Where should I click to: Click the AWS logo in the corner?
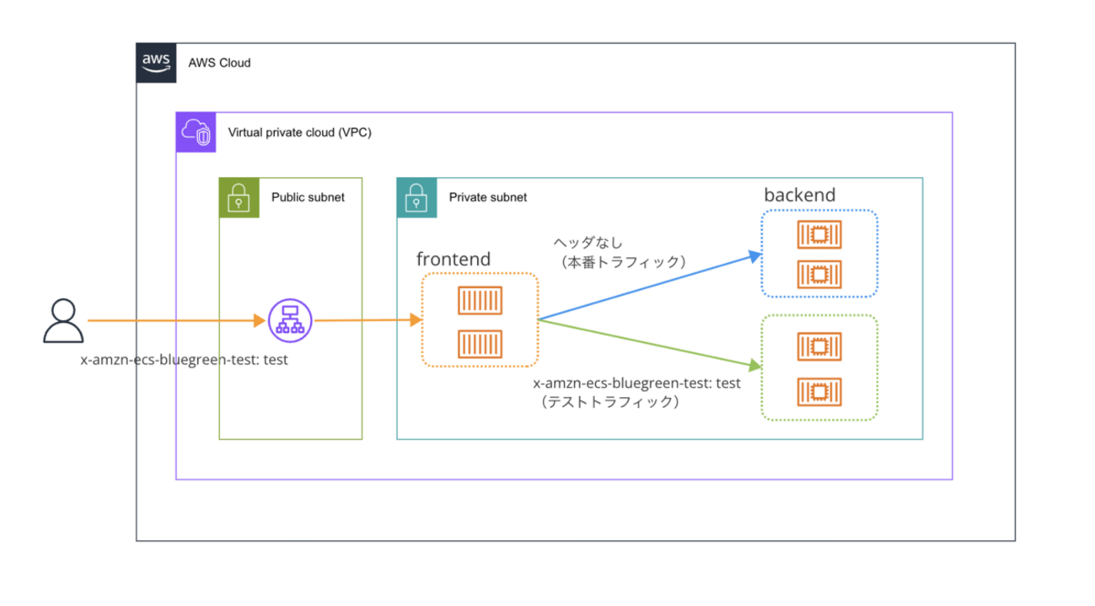tap(157, 62)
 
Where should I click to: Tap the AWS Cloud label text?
tap(219, 63)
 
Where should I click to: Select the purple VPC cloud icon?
tap(196, 132)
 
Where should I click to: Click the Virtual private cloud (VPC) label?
tap(299, 133)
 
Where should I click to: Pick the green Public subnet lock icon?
tap(239, 197)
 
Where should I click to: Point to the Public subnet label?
tap(308, 197)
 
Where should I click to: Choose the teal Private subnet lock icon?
tap(416, 197)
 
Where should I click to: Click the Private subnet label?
tap(487, 197)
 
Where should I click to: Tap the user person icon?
tap(63, 321)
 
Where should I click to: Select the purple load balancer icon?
tap(290, 320)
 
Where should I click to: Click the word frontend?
tap(454, 259)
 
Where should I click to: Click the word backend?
tap(799, 196)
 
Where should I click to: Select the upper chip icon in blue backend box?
tap(819, 235)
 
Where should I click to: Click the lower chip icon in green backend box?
tap(819, 391)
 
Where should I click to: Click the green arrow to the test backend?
tap(649, 343)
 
